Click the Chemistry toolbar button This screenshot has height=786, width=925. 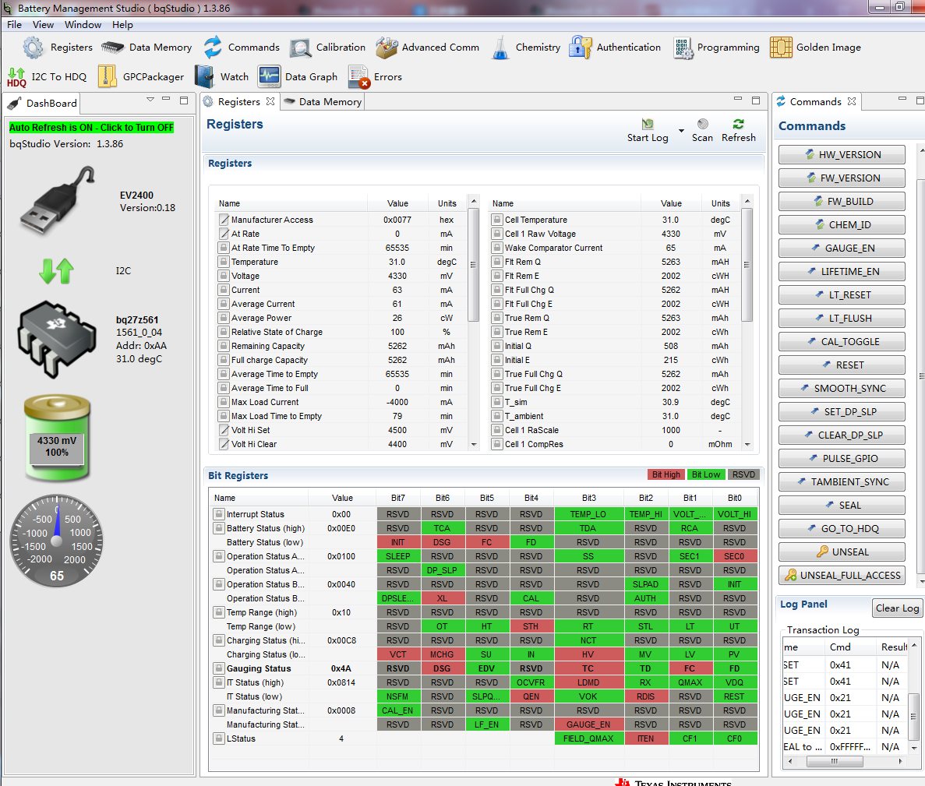click(x=527, y=48)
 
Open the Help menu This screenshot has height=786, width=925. click(x=122, y=24)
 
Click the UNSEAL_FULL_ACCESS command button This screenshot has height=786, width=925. click(x=842, y=575)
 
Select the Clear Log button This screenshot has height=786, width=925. click(x=896, y=608)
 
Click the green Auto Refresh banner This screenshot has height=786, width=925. click(x=91, y=127)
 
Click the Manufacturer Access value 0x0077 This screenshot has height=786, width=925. click(x=397, y=220)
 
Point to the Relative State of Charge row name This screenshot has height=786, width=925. click(x=277, y=332)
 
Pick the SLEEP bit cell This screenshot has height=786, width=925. click(x=397, y=556)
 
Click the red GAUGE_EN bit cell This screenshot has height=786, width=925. click(x=588, y=724)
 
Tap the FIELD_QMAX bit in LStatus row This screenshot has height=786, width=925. click(x=588, y=738)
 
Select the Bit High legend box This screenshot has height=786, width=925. click(x=666, y=474)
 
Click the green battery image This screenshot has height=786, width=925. click(x=57, y=439)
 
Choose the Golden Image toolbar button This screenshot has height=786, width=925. click(x=815, y=48)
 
